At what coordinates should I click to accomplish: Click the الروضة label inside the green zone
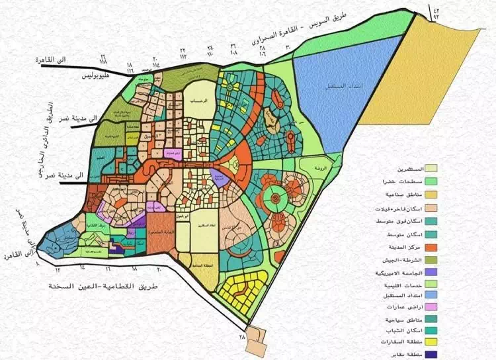click(321, 169)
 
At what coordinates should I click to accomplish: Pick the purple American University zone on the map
click(217, 176)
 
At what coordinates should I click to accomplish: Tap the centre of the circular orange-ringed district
click(273, 197)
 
